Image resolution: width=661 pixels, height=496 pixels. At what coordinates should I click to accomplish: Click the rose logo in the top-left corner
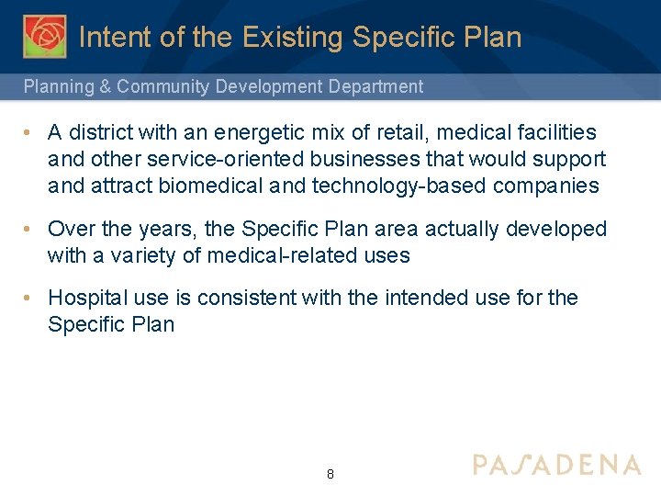click(43, 36)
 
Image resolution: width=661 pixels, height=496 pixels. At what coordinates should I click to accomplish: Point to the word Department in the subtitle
click(375, 87)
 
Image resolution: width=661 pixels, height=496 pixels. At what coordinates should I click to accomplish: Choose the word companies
click(546, 186)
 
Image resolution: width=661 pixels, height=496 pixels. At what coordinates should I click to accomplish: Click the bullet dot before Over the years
click(30, 229)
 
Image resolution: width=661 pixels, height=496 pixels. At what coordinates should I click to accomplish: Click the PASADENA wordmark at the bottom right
click(556, 464)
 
